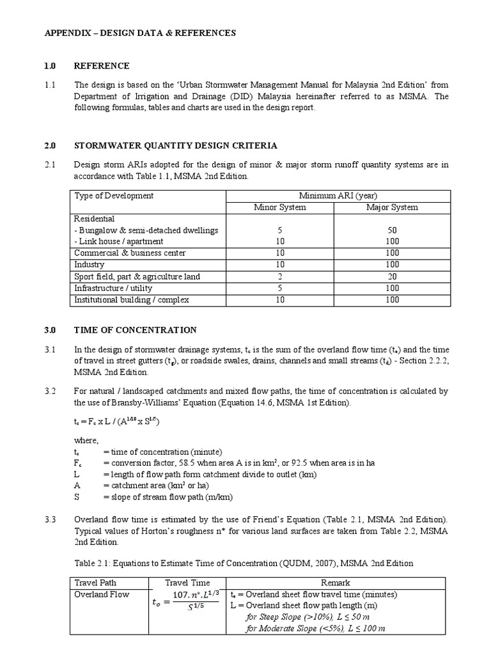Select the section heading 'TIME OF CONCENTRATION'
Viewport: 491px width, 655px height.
click(x=135, y=330)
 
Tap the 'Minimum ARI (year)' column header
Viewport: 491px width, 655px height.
click(x=339, y=195)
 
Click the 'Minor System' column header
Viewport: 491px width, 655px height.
click(x=280, y=207)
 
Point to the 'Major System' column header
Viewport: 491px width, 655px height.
click(x=392, y=207)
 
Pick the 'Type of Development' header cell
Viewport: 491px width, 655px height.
click(x=114, y=195)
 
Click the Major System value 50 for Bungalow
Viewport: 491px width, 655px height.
click(x=392, y=230)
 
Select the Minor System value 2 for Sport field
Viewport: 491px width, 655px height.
click(x=280, y=276)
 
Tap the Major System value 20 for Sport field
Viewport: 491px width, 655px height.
click(x=392, y=276)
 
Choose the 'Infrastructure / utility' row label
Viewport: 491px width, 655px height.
click(x=113, y=288)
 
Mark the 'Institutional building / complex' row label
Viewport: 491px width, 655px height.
click(x=132, y=299)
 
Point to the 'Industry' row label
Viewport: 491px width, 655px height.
click(x=90, y=265)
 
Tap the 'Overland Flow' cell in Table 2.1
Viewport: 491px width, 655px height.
click(x=102, y=594)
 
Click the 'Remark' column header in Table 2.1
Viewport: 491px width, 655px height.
click(x=336, y=583)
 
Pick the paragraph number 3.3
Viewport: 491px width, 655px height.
click(x=51, y=519)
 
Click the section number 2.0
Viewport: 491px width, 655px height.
click(x=51, y=146)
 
